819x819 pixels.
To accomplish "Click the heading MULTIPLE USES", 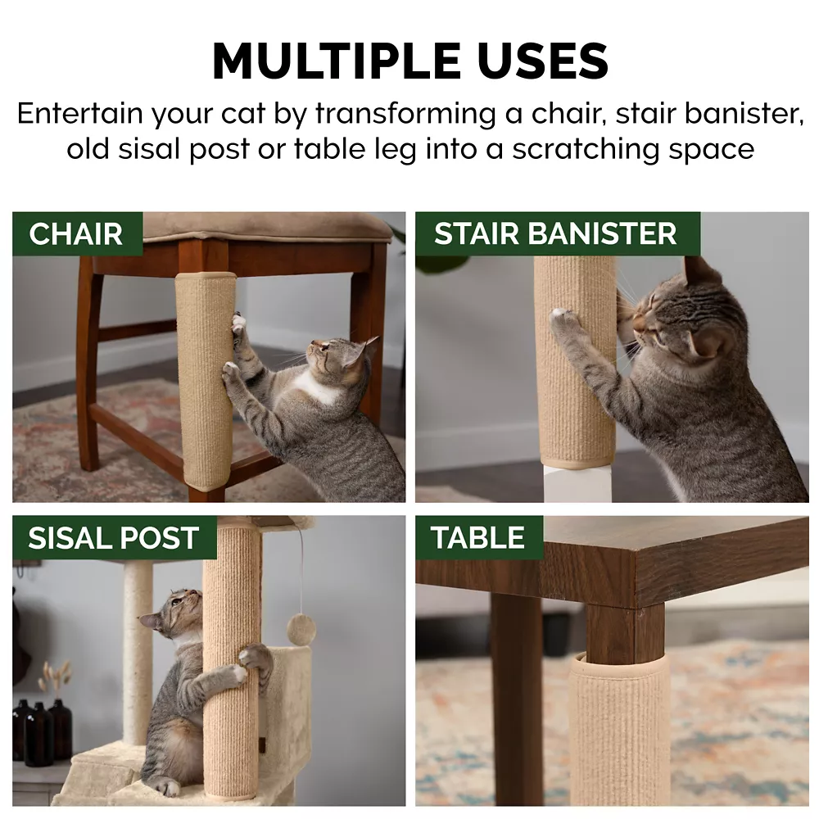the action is click(410, 61).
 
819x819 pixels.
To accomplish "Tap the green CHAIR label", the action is click(77, 233).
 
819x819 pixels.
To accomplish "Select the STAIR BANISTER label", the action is click(557, 233).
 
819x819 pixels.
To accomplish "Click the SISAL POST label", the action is click(115, 537).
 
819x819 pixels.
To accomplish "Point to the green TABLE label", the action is click(479, 537).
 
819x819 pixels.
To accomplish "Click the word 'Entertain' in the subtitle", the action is click(80, 113).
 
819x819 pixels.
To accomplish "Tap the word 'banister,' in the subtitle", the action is click(744, 113).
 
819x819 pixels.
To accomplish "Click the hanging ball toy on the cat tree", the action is click(301, 629).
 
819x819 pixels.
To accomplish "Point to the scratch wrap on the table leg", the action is click(619, 729).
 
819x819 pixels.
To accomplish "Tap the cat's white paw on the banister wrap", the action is click(563, 315).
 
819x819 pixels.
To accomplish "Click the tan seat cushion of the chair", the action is click(267, 226).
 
